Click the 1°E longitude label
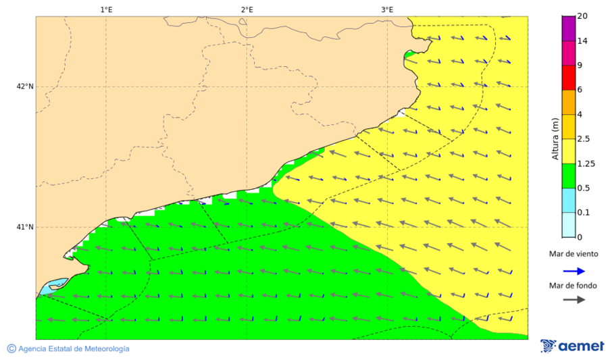[x=106, y=9]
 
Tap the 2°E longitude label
[x=247, y=9]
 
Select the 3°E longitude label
[x=387, y=9]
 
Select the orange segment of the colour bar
[x=568, y=102]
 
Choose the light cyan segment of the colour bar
[x=568, y=225]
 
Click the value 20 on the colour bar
[x=582, y=17]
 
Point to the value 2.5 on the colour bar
[x=584, y=139]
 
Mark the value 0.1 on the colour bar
[x=584, y=213]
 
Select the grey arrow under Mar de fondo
[x=574, y=300]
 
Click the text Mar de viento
[x=574, y=254]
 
